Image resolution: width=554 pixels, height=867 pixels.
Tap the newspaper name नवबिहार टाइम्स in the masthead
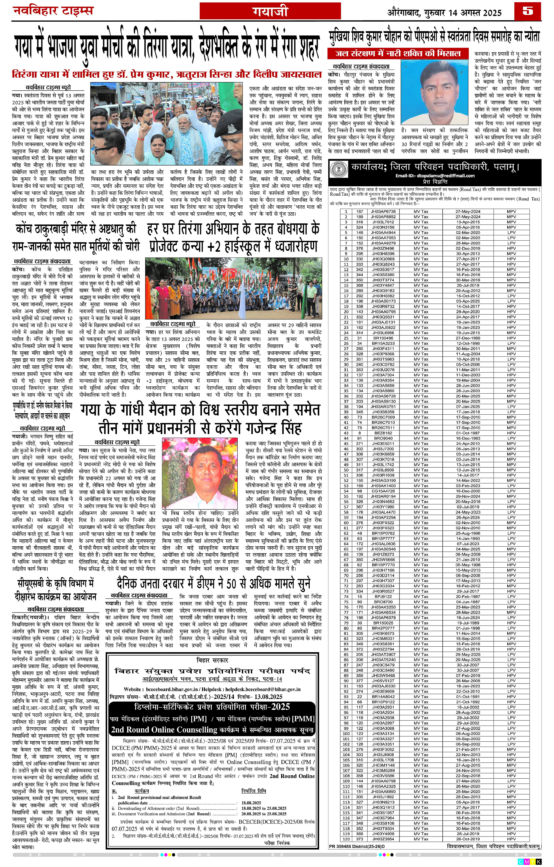click(x=53, y=11)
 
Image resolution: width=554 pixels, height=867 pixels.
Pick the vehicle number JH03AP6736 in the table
click(x=383, y=211)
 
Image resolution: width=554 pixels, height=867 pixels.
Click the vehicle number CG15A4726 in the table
click(x=383, y=491)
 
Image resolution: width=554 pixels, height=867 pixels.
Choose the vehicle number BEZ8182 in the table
click(x=383, y=433)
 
